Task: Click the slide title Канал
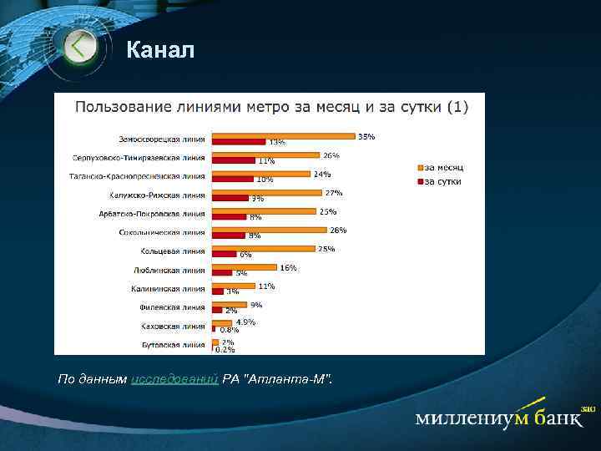click(x=160, y=51)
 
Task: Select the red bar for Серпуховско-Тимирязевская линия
click(x=234, y=160)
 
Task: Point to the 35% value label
click(x=366, y=136)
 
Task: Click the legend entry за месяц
click(x=442, y=167)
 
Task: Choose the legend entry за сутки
click(x=442, y=180)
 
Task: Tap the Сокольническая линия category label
click(x=162, y=232)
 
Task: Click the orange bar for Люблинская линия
click(x=244, y=267)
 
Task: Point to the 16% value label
click(x=288, y=267)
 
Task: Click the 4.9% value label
click(x=245, y=322)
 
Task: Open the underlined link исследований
click(x=175, y=380)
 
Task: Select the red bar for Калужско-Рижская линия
click(x=230, y=198)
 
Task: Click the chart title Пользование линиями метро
click(x=272, y=106)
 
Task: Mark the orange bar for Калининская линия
click(x=234, y=286)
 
